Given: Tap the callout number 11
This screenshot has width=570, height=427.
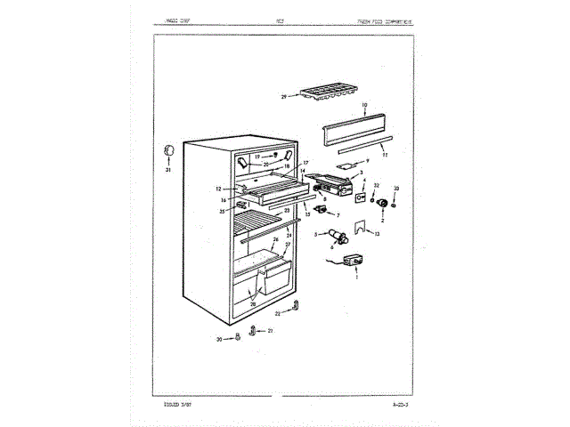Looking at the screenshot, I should pos(385,155).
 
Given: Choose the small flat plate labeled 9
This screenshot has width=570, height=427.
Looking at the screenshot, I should pos(347,165).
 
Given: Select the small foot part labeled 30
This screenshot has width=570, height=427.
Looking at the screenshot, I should pos(239,338).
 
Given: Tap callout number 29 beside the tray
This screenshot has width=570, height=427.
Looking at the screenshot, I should pos(282,96).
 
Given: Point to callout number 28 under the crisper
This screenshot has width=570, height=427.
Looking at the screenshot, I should pos(253,304).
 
